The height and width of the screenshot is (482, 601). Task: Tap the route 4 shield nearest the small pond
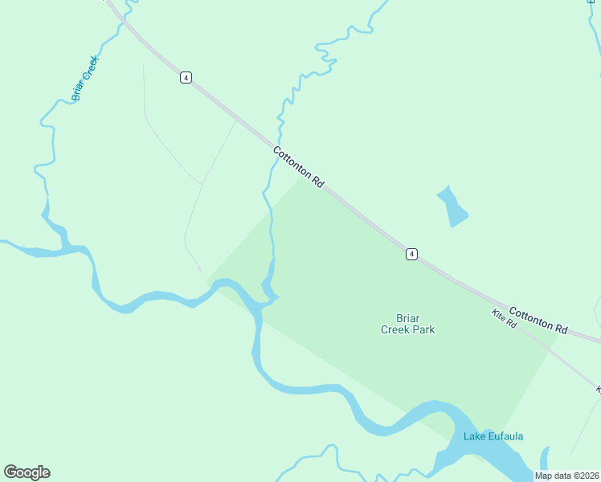[x=411, y=254]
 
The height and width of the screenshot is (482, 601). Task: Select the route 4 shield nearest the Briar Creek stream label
[x=186, y=77]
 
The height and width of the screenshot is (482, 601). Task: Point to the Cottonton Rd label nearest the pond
[x=298, y=167]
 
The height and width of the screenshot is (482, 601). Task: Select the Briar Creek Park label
[x=407, y=324]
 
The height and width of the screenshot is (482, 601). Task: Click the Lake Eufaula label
[x=493, y=436]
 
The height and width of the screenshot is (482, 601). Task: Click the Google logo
[x=27, y=472]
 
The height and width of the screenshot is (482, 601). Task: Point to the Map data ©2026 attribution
[x=567, y=476]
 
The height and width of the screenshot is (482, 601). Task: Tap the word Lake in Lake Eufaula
[x=474, y=436]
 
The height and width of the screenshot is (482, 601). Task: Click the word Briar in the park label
[x=407, y=317]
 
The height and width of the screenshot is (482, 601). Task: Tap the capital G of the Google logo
[x=10, y=472]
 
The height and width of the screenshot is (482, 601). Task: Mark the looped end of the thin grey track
[x=198, y=268]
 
